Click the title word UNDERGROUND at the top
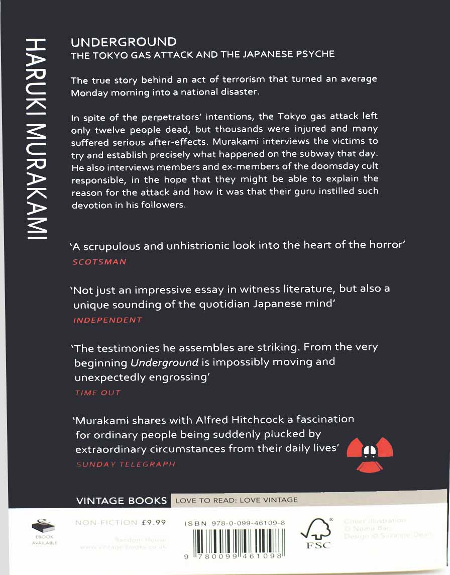coord(124,42)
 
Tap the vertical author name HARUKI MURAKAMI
coord(36,138)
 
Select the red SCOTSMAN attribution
coord(99,262)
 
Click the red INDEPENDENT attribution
coord(107,320)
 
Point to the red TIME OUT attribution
coord(97,393)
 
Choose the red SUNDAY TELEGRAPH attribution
coord(125,464)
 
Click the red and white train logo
coord(370,451)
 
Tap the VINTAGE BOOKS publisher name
coord(121,501)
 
